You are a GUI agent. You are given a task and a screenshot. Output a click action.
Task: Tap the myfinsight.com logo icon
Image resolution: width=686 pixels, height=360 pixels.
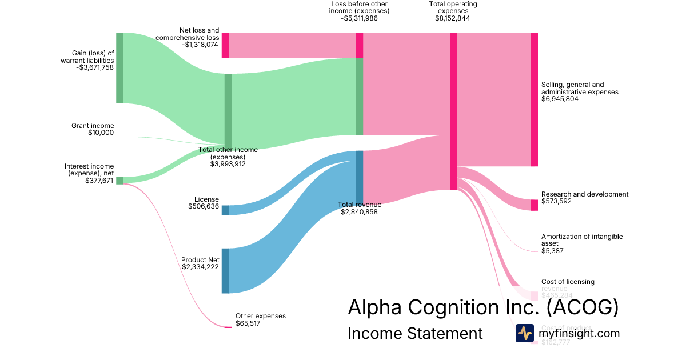[x=524, y=333]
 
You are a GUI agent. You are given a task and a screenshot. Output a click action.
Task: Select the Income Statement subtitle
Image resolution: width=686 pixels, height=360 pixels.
[x=415, y=333]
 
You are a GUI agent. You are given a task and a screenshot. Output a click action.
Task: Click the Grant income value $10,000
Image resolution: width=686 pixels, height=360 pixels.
[x=101, y=133]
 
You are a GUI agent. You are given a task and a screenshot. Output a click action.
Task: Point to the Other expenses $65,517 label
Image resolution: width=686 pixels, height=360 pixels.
[x=260, y=319]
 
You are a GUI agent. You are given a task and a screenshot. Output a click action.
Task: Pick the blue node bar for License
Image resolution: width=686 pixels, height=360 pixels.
[x=225, y=210]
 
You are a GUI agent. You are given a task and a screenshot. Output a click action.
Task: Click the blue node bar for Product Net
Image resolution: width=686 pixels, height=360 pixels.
[x=225, y=271]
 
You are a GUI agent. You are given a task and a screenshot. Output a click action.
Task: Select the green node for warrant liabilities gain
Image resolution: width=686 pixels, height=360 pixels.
[x=119, y=68]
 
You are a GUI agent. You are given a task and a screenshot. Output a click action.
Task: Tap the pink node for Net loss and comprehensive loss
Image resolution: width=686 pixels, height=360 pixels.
[x=225, y=45]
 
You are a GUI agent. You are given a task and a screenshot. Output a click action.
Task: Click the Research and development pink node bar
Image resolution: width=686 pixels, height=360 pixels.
[x=534, y=205]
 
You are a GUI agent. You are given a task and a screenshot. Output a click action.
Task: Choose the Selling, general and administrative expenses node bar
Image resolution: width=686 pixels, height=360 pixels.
[x=534, y=99]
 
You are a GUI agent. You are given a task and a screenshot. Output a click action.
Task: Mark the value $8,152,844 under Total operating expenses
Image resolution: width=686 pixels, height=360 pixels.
[x=453, y=18]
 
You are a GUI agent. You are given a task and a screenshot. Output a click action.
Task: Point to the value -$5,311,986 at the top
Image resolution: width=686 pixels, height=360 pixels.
[x=360, y=18]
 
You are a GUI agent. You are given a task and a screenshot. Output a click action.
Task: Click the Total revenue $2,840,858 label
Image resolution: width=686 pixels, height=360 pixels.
[x=359, y=208]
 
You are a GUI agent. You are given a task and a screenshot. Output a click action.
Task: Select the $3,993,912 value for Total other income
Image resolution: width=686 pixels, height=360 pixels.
[x=228, y=163]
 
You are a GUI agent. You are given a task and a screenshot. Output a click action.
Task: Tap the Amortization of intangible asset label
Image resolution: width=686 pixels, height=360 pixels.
[x=581, y=240]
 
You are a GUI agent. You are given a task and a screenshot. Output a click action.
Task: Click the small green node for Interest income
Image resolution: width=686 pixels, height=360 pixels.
[x=119, y=181]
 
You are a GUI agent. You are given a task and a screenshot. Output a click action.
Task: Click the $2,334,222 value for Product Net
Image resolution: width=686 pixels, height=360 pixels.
[x=200, y=267]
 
